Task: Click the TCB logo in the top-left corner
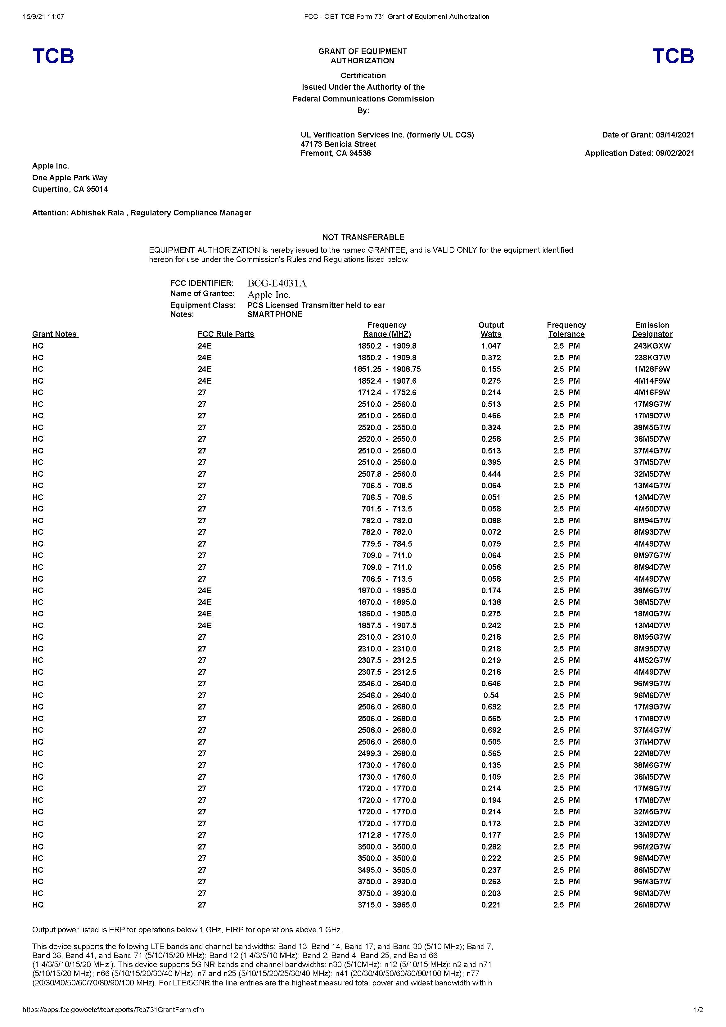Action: [x=53, y=56]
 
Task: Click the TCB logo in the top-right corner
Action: [x=673, y=56]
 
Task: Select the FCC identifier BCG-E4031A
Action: [x=277, y=283]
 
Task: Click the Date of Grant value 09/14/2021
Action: [x=675, y=135]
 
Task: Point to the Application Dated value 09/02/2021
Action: [x=675, y=153]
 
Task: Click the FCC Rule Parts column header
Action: [x=226, y=334]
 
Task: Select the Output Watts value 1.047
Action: [x=491, y=346]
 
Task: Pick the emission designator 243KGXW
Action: [x=652, y=346]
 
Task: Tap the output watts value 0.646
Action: [x=491, y=683]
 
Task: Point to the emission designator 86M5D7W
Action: [x=652, y=870]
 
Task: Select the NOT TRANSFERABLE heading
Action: [x=363, y=237]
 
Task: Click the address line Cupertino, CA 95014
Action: [x=70, y=189]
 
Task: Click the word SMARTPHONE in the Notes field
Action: [x=275, y=314]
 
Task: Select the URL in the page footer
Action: [x=113, y=1010]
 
